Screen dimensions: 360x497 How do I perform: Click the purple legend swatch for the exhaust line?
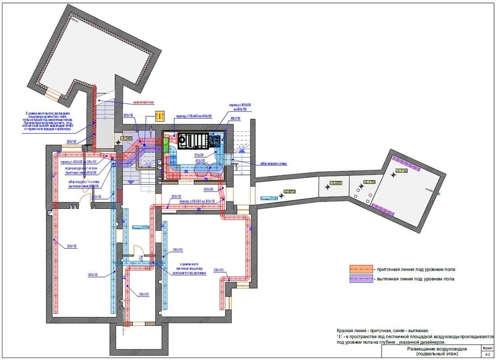(359, 280)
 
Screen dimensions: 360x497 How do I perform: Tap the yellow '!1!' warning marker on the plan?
(159, 115)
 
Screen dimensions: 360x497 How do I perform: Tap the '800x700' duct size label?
(235, 118)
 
